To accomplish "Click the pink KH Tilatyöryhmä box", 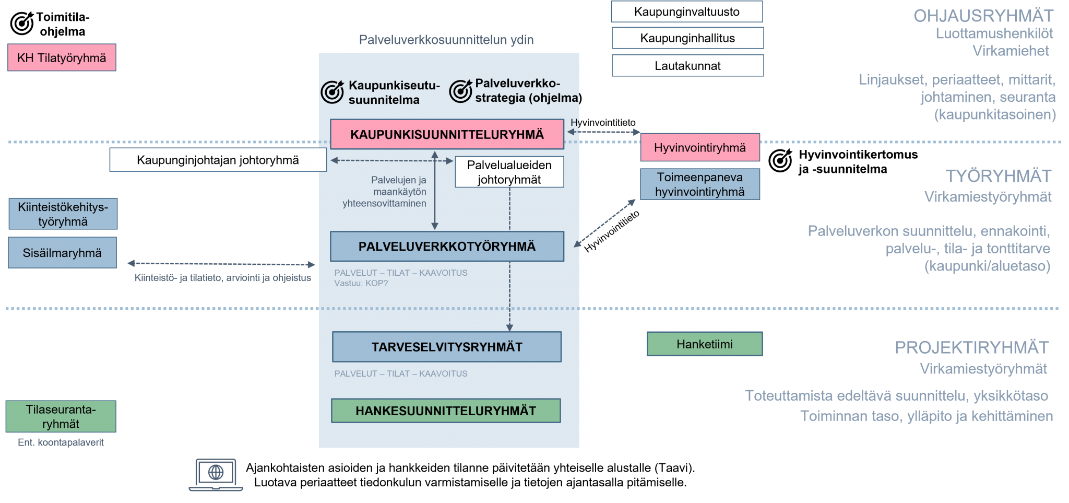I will click(62, 57).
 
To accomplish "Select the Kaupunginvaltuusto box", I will click(687, 11).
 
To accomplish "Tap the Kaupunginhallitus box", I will click(687, 38).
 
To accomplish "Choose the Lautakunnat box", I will click(687, 66).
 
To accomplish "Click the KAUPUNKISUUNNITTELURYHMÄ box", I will click(447, 134).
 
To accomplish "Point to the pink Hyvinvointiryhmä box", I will click(700, 148).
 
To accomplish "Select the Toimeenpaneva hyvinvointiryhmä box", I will click(700, 184).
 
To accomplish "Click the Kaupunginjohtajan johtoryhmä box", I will click(218, 160).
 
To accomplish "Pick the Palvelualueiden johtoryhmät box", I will click(509, 172).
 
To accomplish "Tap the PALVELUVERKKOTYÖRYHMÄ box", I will click(447, 247).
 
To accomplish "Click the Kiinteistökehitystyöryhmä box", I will click(63, 214).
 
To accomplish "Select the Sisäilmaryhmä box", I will click(62, 253).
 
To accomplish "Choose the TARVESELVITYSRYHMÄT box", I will click(447, 347).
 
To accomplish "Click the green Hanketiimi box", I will click(705, 344).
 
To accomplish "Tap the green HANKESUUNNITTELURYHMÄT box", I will click(446, 411).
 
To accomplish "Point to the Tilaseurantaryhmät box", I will click(61, 416).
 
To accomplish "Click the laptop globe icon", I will click(216, 474).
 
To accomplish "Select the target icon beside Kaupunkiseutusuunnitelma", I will click(332, 92).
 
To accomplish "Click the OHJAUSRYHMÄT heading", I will click(983, 16).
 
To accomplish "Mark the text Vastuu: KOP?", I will click(361, 284).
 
